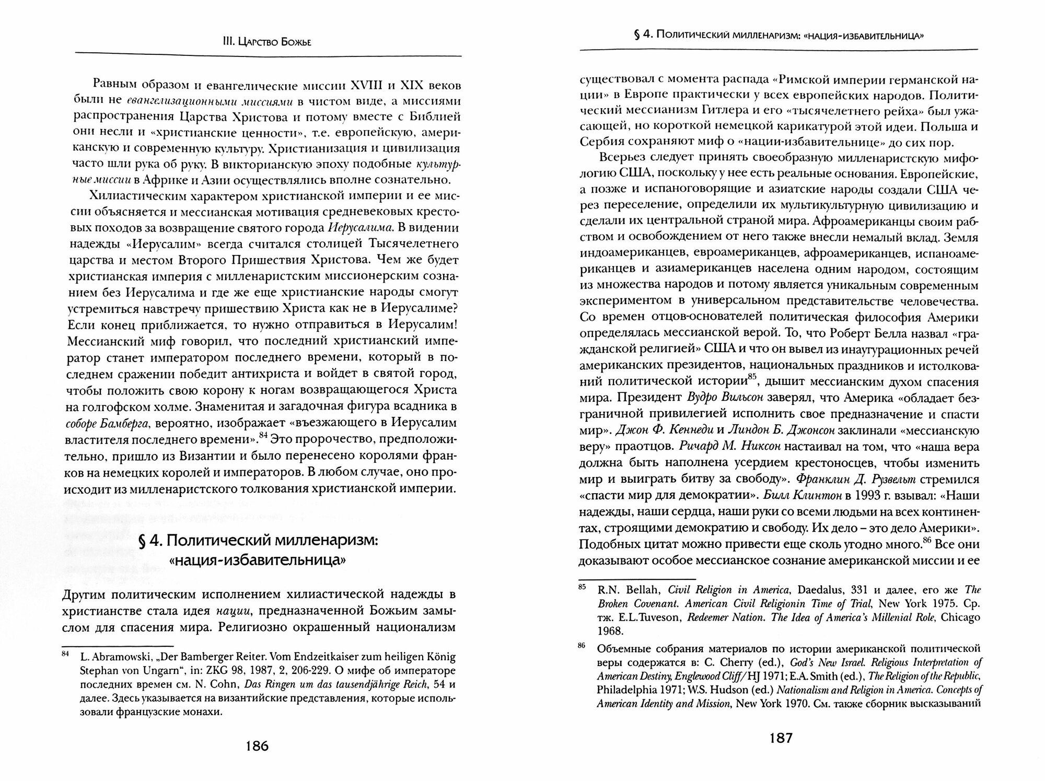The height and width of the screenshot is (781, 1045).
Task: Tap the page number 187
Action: coord(779,738)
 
